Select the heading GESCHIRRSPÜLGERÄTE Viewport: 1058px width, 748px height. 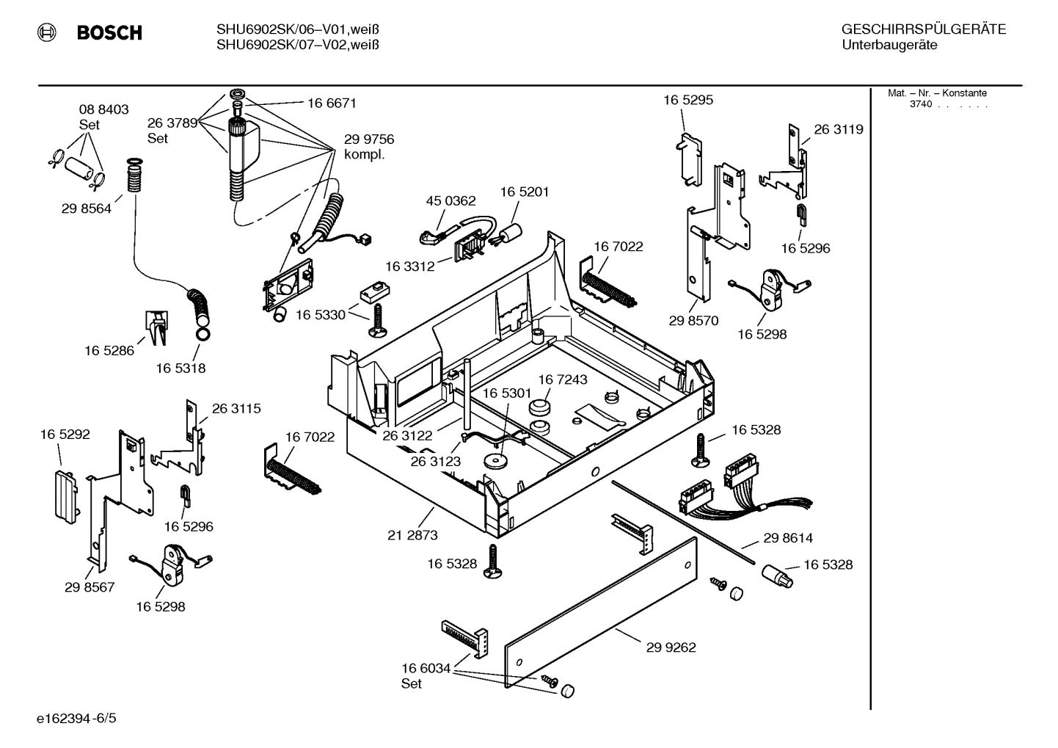[x=923, y=30]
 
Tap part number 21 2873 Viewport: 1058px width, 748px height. [x=412, y=535]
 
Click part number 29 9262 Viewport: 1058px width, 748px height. [x=671, y=647]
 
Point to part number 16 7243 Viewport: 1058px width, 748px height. [x=563, y=380]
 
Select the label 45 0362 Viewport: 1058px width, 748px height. [x=450, y=201]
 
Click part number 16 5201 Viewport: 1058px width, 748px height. [x=525, y=192]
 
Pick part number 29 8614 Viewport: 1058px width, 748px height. [x=788, y=538]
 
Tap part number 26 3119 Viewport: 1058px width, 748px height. [x=839, y=129]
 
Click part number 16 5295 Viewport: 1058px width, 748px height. [x=688, y=100]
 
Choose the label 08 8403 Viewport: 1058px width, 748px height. [x=103, y=109]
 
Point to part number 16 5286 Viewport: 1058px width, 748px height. [x=109, y=351]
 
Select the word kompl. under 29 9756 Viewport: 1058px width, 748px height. [x=365, y=156]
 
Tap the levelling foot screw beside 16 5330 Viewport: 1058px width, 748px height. [x=377, y=323]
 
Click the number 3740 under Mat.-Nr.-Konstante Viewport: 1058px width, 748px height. [x=921, y=104]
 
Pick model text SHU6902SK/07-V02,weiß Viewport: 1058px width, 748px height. [x=297, y=45]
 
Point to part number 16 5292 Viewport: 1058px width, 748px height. [x=65, y=435]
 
